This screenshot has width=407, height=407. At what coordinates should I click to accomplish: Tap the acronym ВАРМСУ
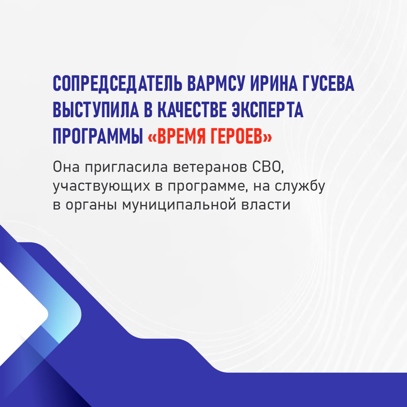[x=216, y=84]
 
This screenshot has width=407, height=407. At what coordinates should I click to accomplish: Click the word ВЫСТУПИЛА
[x=96, y=110]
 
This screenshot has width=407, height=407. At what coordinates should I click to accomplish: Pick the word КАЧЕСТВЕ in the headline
[x=192, y=110]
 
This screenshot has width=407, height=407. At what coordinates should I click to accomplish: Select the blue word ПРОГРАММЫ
[x=98, y=136]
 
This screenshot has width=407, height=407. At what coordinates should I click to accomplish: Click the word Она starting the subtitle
[x=66, y=167]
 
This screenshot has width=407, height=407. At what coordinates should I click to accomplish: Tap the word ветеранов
[x=210, y=167]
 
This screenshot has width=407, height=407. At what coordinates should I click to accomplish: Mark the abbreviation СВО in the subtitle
[x=267, y=167]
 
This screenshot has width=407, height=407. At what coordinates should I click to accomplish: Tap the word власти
[x=266, y=205]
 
